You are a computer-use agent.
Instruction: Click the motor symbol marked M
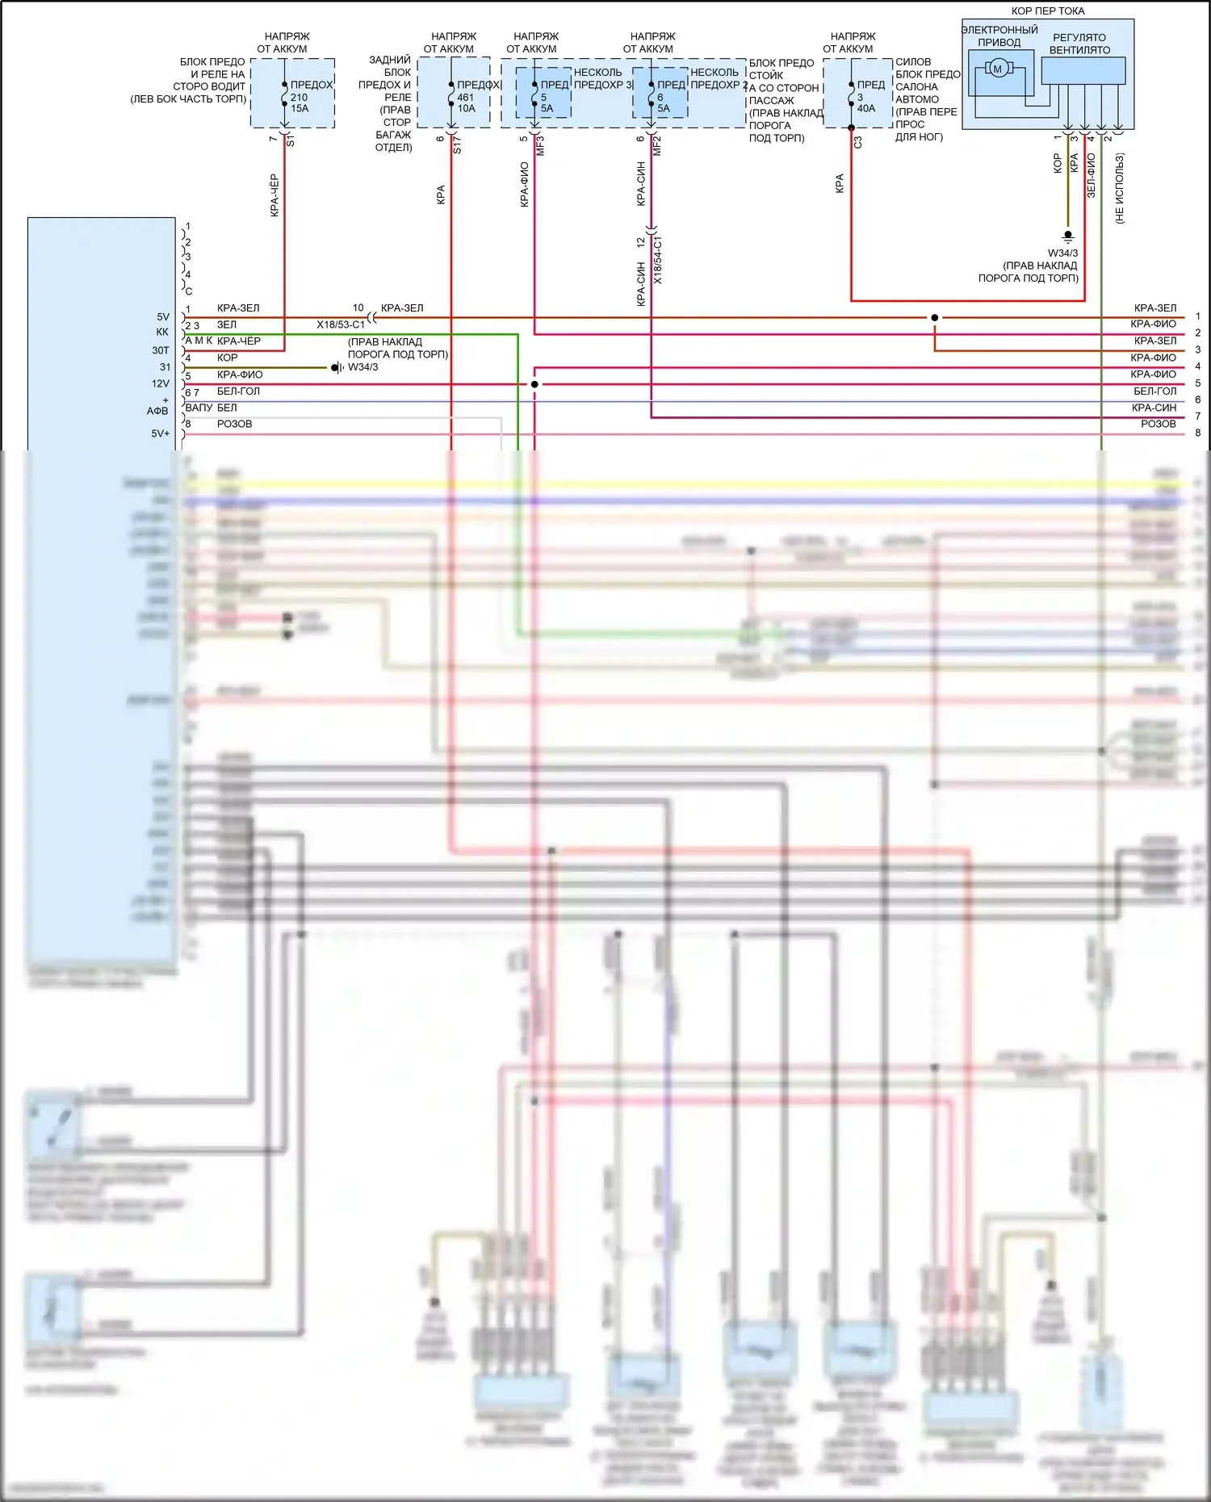click(997, 69)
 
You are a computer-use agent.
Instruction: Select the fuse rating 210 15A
click(300, 103)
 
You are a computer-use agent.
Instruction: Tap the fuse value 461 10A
click(466, 103)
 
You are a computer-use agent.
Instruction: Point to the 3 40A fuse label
click(865, 103)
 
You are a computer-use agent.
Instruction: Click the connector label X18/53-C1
click(341, 324)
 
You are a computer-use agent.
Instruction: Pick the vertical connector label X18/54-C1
click(658, 260)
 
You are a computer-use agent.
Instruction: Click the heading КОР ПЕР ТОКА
click(1048, 11)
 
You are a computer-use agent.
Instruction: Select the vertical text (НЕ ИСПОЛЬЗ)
click(1120, 188)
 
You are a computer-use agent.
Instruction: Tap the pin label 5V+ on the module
click(161, 433)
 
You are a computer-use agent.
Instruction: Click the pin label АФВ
click(157, 411)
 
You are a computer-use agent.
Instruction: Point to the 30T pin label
click(161, 350)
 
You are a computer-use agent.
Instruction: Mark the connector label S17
click(457, 145)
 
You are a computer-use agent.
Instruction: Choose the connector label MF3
click(541, 145)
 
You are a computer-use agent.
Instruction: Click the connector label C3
click(858, 142)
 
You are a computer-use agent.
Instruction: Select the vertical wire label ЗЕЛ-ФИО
click(1091, 176)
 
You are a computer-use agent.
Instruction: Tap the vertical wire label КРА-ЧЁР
click(274, 195)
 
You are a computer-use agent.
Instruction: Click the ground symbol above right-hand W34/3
click(1068, 236)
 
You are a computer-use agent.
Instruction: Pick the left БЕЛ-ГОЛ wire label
click(239, 391)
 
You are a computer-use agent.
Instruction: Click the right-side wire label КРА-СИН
click(1154, 408)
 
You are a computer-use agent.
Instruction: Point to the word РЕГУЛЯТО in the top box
click(1079, 37)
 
